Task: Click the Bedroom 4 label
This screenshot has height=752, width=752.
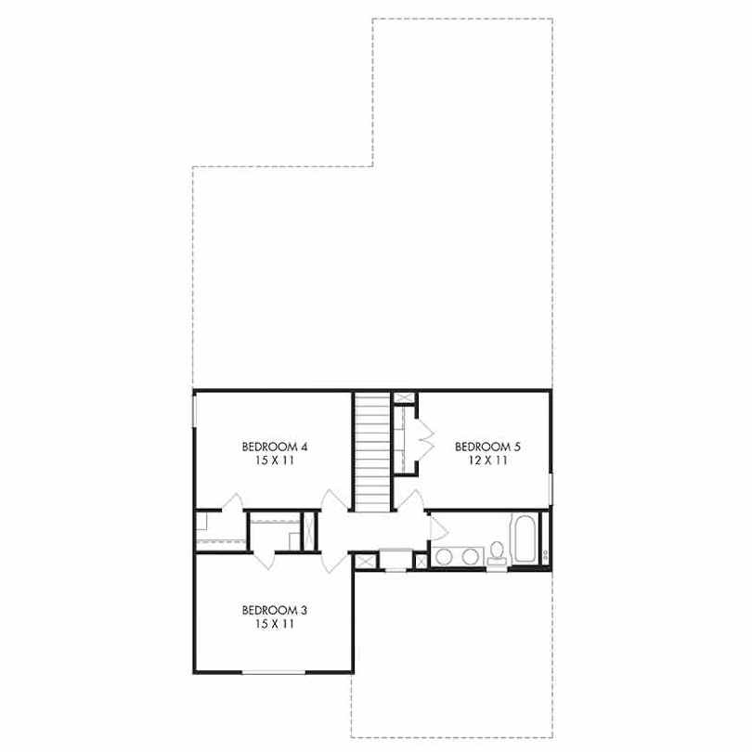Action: [x=274, y=447]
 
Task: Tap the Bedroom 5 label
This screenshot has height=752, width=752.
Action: [x=487, y=447]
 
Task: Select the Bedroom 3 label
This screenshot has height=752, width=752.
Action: [x=274, y=611]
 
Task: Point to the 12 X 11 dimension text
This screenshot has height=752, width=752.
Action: [x=487, y=460]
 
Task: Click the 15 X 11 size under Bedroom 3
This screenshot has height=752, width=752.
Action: [x=274, y=625]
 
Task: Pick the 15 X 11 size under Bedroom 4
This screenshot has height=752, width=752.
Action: [x=274, y=460]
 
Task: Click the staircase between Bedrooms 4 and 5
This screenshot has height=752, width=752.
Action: [x=372, y=452]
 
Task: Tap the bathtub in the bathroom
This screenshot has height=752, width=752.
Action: [x=524, y=539]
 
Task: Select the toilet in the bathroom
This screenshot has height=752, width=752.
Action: [x=497, y=554]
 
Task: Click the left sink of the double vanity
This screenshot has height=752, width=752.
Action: [x=443, y=557]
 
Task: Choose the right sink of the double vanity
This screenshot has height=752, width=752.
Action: [x=471, y=557]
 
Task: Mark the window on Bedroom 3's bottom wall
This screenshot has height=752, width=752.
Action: [x=273, y=672]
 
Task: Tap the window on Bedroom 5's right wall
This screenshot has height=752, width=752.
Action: [x=551, y=489]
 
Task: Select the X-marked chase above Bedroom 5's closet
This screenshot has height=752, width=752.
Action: [x=403, y=397]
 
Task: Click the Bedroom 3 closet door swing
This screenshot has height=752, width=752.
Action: [x=264, y=561]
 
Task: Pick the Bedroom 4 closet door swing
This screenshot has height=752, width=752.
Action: [x=233, y=501]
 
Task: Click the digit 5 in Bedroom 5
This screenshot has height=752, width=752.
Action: [x=517, y=447]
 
